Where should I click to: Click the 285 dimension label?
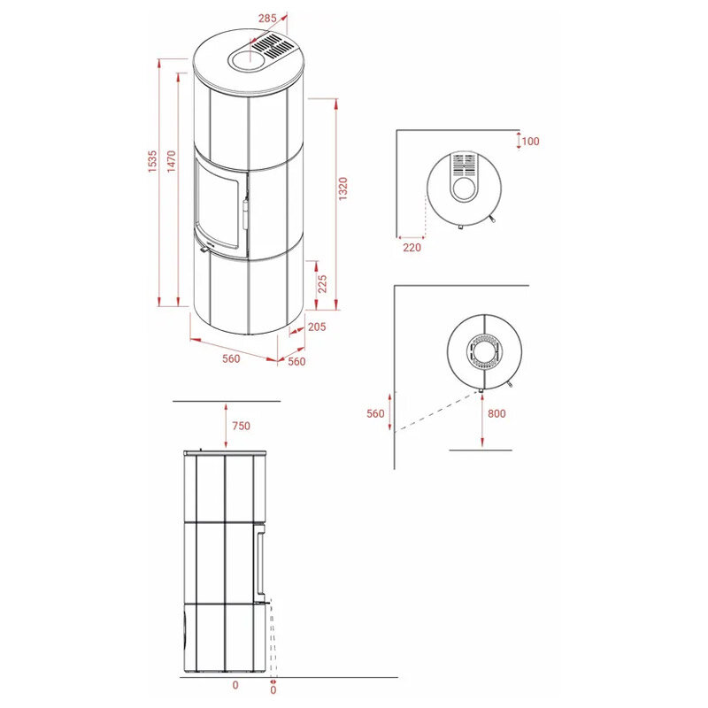267,19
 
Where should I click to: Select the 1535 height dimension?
152,161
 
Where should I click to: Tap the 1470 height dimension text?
171,161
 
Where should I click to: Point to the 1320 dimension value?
343,189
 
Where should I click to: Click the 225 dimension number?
322,284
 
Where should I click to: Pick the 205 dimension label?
317,327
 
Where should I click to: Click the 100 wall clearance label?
530,142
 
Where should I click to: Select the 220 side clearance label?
412,248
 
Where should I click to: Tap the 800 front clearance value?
496,413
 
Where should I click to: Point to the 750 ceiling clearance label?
241,426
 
